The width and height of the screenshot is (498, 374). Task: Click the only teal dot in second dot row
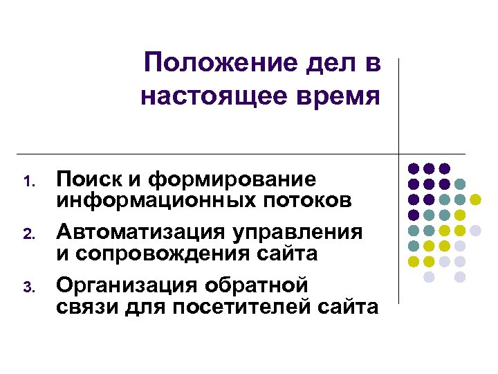pyautogui.click(x=460, y=184)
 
